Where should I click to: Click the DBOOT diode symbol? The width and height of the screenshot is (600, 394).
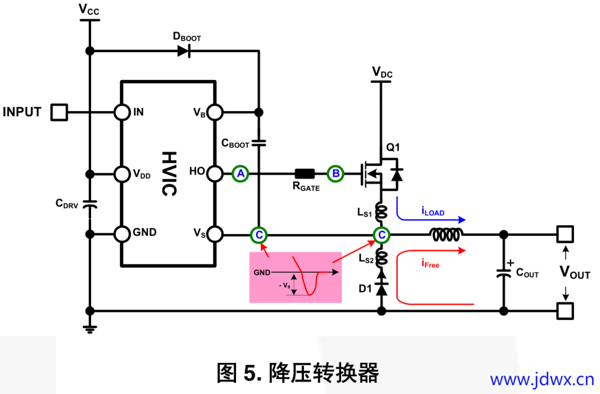184,51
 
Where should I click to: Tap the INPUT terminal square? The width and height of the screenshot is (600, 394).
59,112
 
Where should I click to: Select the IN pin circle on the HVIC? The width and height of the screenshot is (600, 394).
122,112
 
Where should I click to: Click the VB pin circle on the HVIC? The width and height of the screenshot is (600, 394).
216,112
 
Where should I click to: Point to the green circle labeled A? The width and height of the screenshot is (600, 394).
240,174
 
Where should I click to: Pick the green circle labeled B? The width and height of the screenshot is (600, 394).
336,174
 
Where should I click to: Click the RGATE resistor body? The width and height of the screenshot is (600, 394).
305,173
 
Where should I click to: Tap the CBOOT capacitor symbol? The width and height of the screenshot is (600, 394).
258,143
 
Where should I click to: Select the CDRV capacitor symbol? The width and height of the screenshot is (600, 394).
89,204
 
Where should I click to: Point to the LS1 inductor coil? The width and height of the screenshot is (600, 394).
381,212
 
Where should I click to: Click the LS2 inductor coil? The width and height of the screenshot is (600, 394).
381,257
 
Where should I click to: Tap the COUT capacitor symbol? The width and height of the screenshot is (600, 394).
504,273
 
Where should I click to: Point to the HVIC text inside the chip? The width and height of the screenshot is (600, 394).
168,173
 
